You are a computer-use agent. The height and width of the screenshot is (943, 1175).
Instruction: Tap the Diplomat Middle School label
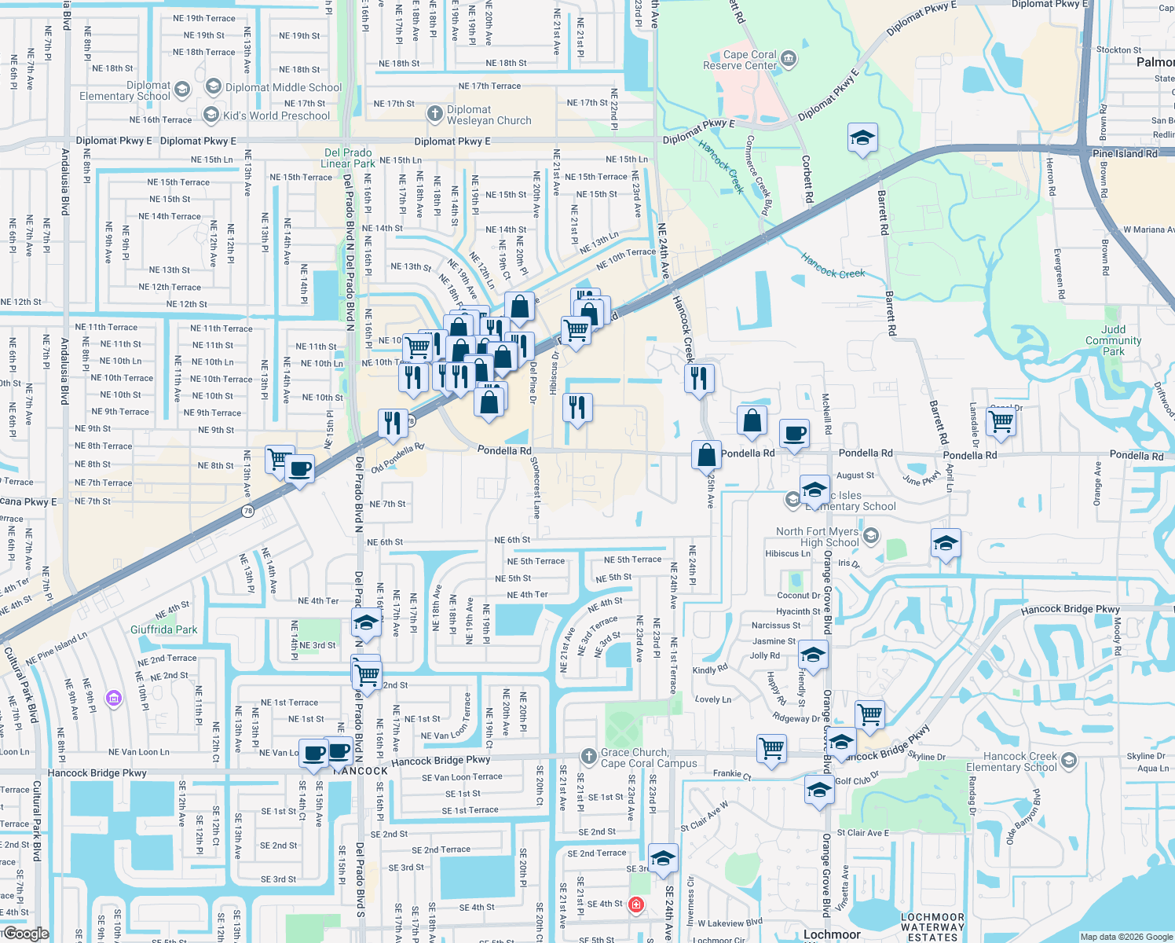[x=284, y=87]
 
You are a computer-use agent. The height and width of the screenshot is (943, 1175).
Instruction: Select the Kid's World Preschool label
[x=276, y=116]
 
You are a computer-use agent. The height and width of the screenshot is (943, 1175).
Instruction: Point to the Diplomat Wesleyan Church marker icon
[x=435, y=115]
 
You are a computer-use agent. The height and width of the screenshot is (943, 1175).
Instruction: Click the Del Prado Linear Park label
[x=347, y=158]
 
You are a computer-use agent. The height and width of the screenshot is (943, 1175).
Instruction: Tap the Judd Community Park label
[x=1113, y=340]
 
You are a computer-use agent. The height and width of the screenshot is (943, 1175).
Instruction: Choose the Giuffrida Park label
[x=164, y=629]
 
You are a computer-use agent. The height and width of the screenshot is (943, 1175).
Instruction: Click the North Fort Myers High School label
[x=817, y=537]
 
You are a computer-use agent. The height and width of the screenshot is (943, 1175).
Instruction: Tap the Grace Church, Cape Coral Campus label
[x=649, y=758]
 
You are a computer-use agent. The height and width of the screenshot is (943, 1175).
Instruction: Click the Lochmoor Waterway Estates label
[x=932, y=927]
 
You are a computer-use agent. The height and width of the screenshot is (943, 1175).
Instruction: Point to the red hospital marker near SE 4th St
[x=636, y=904]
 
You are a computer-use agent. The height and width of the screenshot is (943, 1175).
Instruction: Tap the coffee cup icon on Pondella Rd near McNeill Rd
[x=795, y=433]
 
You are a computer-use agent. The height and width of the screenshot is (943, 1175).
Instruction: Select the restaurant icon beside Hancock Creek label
[x=699, y=378]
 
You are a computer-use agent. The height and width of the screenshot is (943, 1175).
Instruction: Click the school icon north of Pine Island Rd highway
[x=862, y=138]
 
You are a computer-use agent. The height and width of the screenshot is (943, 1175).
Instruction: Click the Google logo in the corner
[x=26, y=934]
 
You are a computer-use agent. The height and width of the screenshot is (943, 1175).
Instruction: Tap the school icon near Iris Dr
[x=946, y=543]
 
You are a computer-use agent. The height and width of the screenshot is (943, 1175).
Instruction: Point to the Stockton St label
[x=1118, y=50]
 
